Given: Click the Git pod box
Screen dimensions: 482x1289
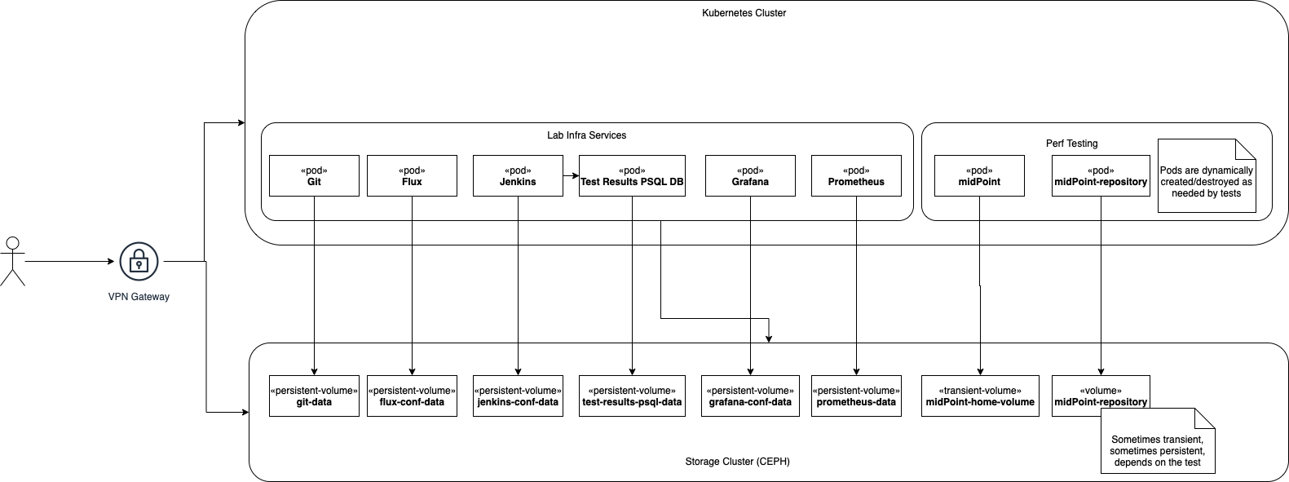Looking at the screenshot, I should [x=314, y=175].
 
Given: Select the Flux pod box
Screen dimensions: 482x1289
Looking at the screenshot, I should [x=412, y=175].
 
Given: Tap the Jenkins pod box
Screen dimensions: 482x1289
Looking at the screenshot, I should [x=518, y=175].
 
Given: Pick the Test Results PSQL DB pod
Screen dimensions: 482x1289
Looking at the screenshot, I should [x=632, y=175].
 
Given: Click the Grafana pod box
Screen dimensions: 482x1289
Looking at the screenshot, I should [x=750, y=175].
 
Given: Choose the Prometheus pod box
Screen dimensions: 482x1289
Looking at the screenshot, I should [x=856, y=175].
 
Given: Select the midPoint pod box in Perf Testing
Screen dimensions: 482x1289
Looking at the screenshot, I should [x=979, y=175].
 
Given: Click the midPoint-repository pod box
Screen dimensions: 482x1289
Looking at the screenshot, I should [x=1101, y=175].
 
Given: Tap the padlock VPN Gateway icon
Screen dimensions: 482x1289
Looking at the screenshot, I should [x=139, y=262].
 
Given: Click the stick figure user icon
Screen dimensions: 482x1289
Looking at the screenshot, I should [x=12, y=261].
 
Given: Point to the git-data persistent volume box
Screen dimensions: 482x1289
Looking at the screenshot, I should [x=314, y=396].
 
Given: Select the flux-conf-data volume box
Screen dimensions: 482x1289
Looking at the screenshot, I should [x=412, y=396].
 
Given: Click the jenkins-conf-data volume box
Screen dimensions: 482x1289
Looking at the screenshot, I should [x=518, y=396].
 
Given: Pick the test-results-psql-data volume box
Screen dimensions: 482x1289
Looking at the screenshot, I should [x=632, y=396].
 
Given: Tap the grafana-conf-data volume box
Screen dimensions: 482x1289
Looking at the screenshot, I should [x=750, y=396].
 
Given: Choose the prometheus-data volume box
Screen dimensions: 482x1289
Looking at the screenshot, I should [x=856, y=396].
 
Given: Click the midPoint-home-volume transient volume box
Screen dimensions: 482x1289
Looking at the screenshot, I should [x=980, y=396].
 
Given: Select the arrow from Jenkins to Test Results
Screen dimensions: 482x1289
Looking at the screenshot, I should [x=571, y=175].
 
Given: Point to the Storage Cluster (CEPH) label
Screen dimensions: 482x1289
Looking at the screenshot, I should [x=737, y=462].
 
